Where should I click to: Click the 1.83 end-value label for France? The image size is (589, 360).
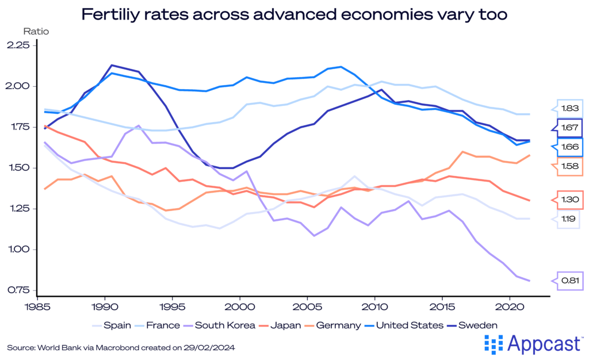click(569, 109)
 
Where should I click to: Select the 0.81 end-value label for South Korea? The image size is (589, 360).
click(569, 281)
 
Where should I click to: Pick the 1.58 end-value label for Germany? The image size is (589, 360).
click(569, 167)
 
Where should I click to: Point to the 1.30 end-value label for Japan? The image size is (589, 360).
click(569, 200)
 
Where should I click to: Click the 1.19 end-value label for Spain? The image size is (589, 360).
click(569, 219)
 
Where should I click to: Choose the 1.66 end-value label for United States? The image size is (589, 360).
click(569, 147)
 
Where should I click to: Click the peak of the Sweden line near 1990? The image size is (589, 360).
click(112, 65)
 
